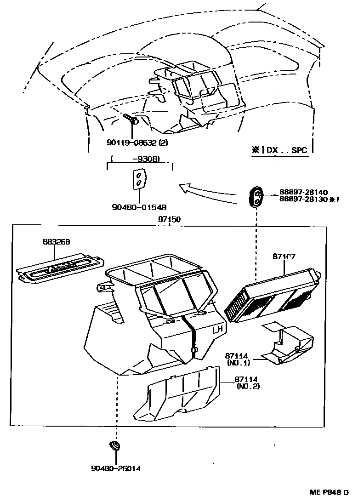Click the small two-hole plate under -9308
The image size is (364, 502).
[x=139, y=179]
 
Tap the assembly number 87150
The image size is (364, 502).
[x=169, y=220]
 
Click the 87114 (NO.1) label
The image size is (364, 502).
[x=238, y=359]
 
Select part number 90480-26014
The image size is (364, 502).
[x=115, y=468]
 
